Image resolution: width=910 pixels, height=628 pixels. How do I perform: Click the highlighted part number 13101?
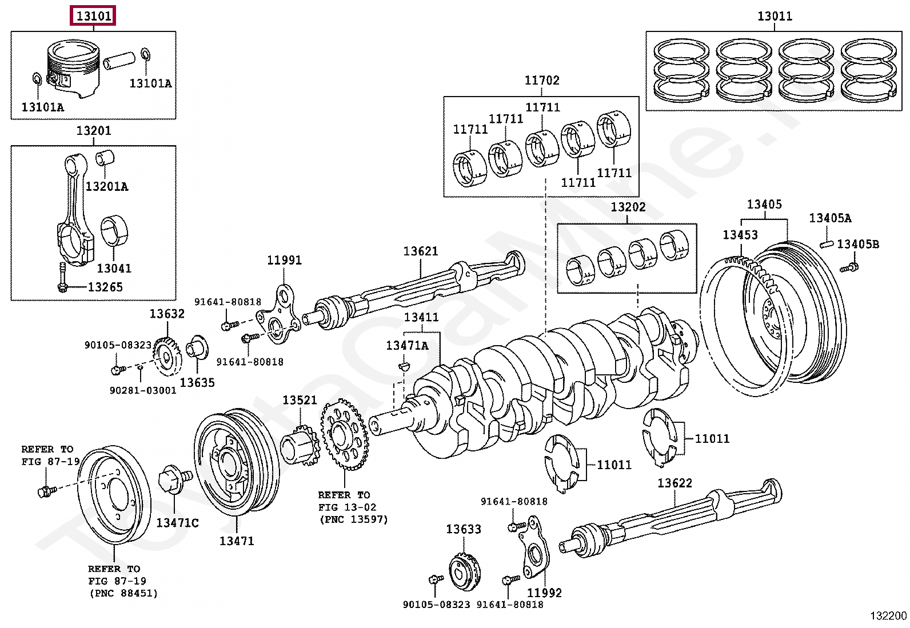[x=94, y=16]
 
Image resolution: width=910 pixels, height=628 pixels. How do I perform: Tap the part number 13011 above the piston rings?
[x=775, y=16]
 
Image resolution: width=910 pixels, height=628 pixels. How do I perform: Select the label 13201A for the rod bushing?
[x=107, y=186]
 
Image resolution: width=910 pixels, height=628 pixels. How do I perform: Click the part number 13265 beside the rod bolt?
[x=105, y=287]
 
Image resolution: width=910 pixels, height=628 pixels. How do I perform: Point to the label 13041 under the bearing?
[x=114, y=269]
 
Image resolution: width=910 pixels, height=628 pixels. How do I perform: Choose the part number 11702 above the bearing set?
[x=542, y=81]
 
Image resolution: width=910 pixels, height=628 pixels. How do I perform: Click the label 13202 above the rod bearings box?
[x=628, y=207]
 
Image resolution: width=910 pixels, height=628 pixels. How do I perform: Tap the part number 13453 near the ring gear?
[x=740, y=235]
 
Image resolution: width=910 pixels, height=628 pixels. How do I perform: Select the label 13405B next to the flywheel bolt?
[x=858, y=244]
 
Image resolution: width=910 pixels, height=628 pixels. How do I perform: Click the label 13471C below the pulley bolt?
[x=178, y=523]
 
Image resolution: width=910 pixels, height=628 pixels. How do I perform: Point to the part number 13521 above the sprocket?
[x=300, y=400]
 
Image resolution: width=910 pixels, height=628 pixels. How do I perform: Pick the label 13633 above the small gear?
[x=464, y=529]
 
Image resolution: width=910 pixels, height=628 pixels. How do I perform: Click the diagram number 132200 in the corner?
[x=888, y=616]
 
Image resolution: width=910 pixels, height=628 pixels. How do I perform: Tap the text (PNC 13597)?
[x=354, y=519]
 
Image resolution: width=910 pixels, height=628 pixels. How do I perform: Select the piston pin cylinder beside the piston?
[x=119, y=60]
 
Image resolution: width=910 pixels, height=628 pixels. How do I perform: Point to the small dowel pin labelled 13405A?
[x=827, y=244]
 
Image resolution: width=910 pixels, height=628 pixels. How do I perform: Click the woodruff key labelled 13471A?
[x=404, y=367]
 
